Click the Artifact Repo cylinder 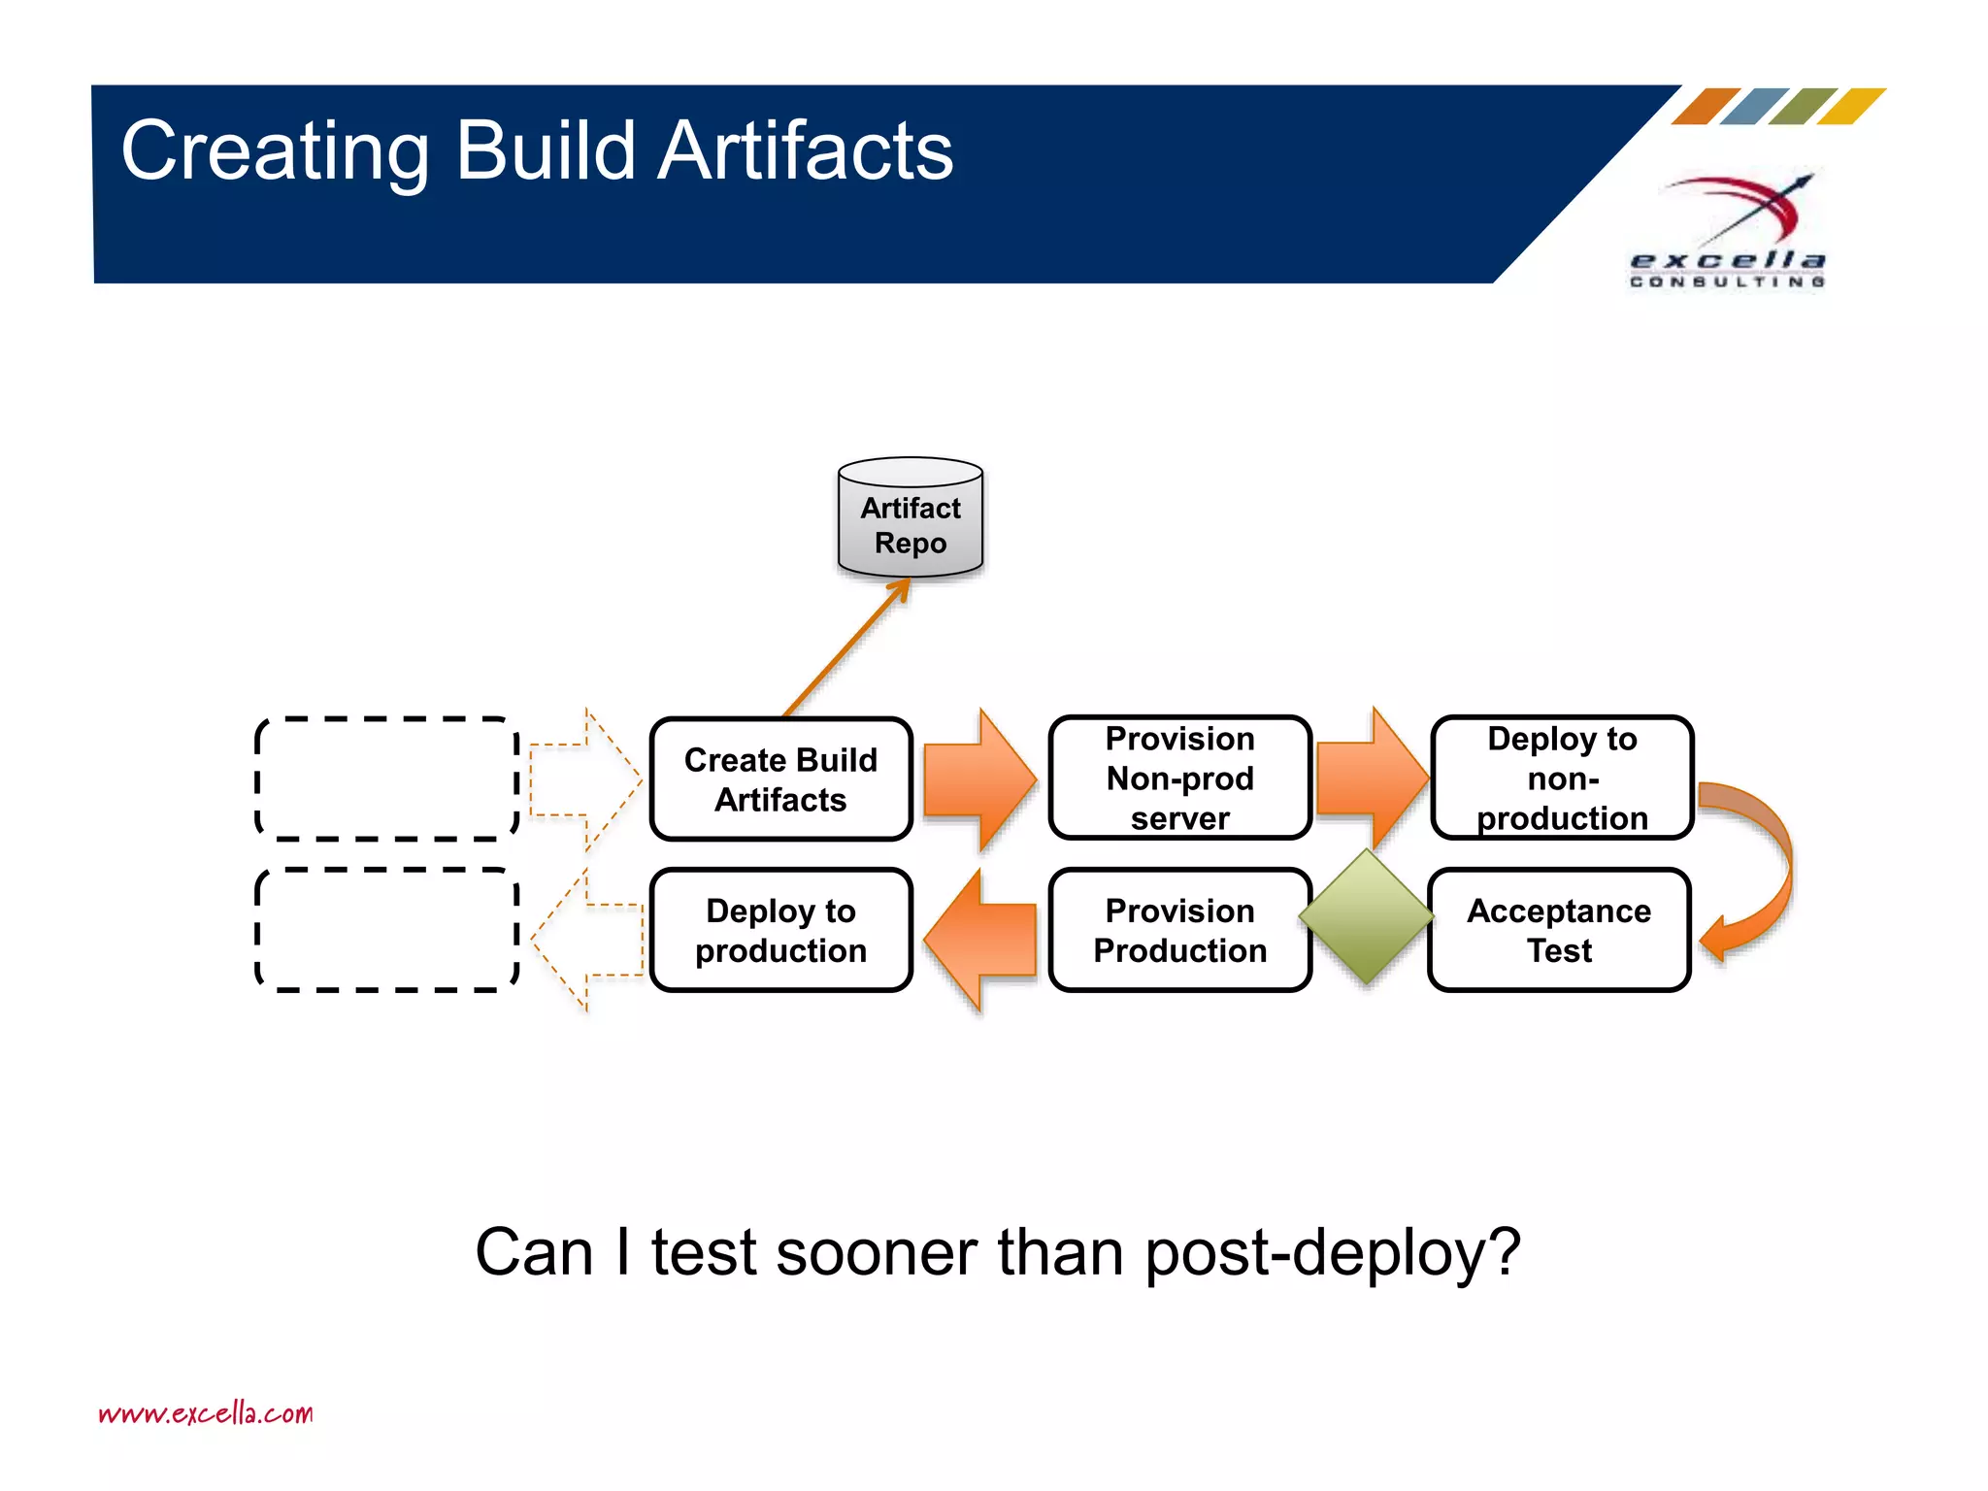pyautogui.click(x=910, y=519)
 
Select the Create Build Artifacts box pyautogui.click(x=780, y=779)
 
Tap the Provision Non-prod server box pyautogui.click(x=1179, y=778)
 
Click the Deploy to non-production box pyautogui.click(x=1561, y=778)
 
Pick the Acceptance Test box pyautogui.click(x=1558, y=930)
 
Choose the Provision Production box pyautogui.click(x=1179, y=930)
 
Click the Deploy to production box pyautogui.click(x=780, y=930)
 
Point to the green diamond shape pyautogui.click(x=1366, y=916)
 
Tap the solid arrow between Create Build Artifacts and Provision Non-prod pyautogui.click(x=978, y=779)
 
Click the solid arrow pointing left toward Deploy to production pyautogui.click(x=980, y=940)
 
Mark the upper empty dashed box pyautogui.click(x=386, y=779)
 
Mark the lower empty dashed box pyautogui.click(x=386, y=930)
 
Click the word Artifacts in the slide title pyautogui.click(x=805, y=150)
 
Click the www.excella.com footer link pyautogui.click(x=206, y=1412)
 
